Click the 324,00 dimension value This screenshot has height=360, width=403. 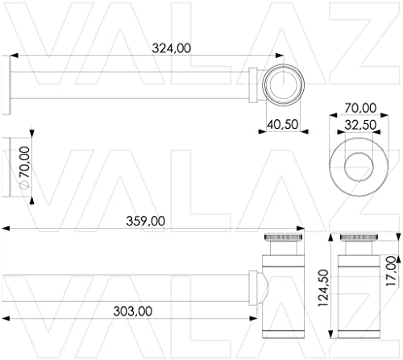[x=172, y=48]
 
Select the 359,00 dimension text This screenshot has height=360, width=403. [x=145, y=220]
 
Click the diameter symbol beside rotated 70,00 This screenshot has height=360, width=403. [x=25, y=185]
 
